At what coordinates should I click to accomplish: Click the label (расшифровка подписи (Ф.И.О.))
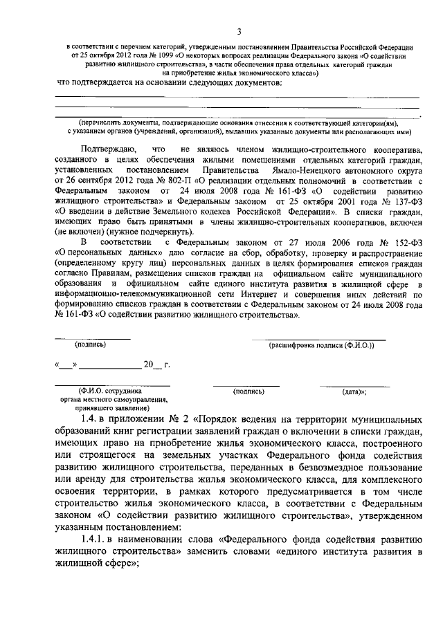point(321,344)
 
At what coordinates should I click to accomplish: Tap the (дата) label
point(354,392)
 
